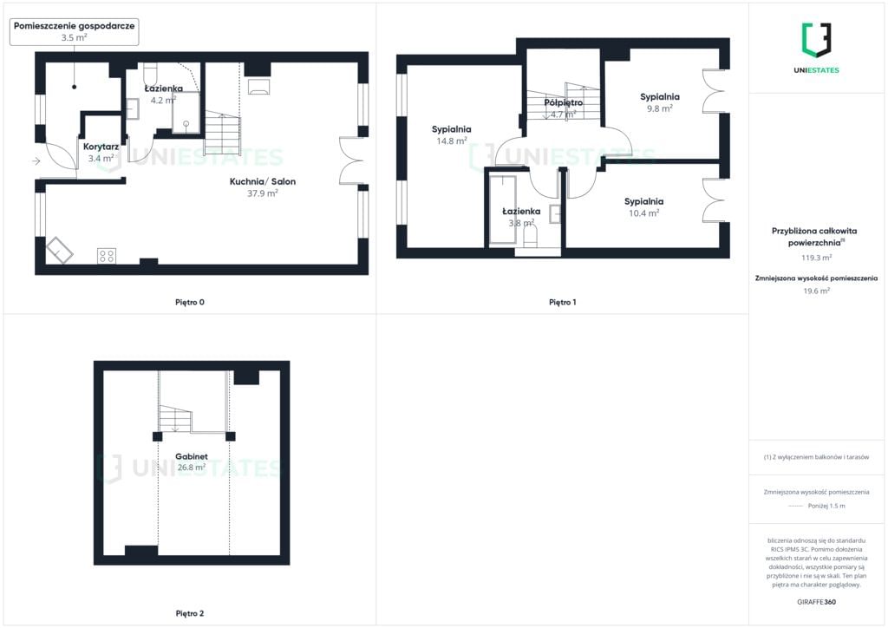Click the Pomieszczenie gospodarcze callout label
click(x=75, y=32)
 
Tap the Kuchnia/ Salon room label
click(x=262, y=181)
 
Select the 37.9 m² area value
click(x=262, y=193)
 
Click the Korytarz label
click(x=101, y=147)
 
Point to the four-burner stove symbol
click(x=107, y=256)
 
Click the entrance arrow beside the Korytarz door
click(x=36, y=161)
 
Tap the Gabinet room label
click(x=192, y=456)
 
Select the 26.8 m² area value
click(x=192, y=468)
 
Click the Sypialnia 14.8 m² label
click(x=451, y=134)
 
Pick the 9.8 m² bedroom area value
click(x=660, y=108)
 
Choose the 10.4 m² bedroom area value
click(x=644, y=213)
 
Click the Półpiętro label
click(x=564, y=102)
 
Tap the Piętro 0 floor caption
click(x=190, y=303)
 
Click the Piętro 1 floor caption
click(x=562, y=303)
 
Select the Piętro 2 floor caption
click(x=190, y=613)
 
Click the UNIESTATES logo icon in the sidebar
click(x=816, y=40)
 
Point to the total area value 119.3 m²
click(x=816, y=258)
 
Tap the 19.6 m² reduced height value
click(x=816, y=291)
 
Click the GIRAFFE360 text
click(x=816, y=602)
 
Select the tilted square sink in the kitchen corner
click(x=59, y=250)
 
